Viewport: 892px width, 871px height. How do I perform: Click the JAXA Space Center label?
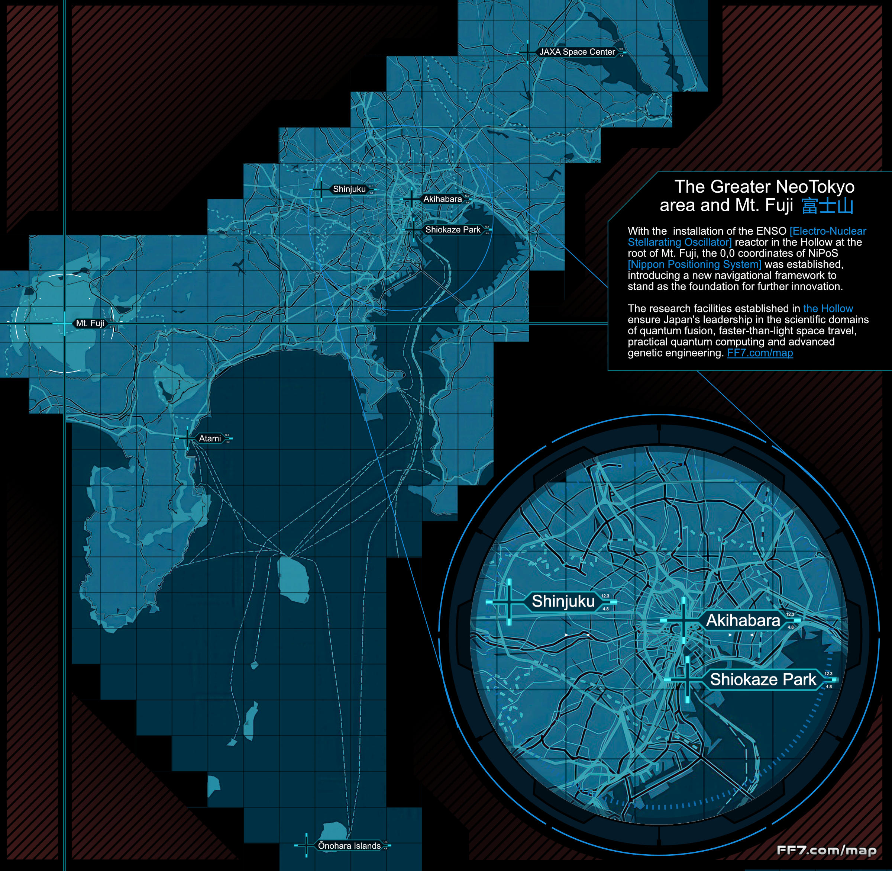577,52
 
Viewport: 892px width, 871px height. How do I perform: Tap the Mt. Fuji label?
90,324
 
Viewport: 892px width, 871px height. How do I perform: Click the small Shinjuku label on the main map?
349,189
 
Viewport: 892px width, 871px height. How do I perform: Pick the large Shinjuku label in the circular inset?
563,601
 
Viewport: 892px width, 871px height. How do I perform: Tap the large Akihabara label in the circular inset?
743,621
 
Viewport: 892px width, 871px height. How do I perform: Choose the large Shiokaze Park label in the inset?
763,680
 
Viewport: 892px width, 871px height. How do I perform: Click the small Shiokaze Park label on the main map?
453,229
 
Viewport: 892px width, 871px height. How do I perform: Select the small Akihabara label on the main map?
442,199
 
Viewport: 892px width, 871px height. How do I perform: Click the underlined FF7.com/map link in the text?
760,353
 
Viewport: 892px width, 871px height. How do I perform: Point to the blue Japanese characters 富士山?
828,206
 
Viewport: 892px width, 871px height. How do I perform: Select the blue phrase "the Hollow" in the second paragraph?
828,308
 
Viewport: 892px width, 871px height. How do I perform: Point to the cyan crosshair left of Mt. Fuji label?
64,324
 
